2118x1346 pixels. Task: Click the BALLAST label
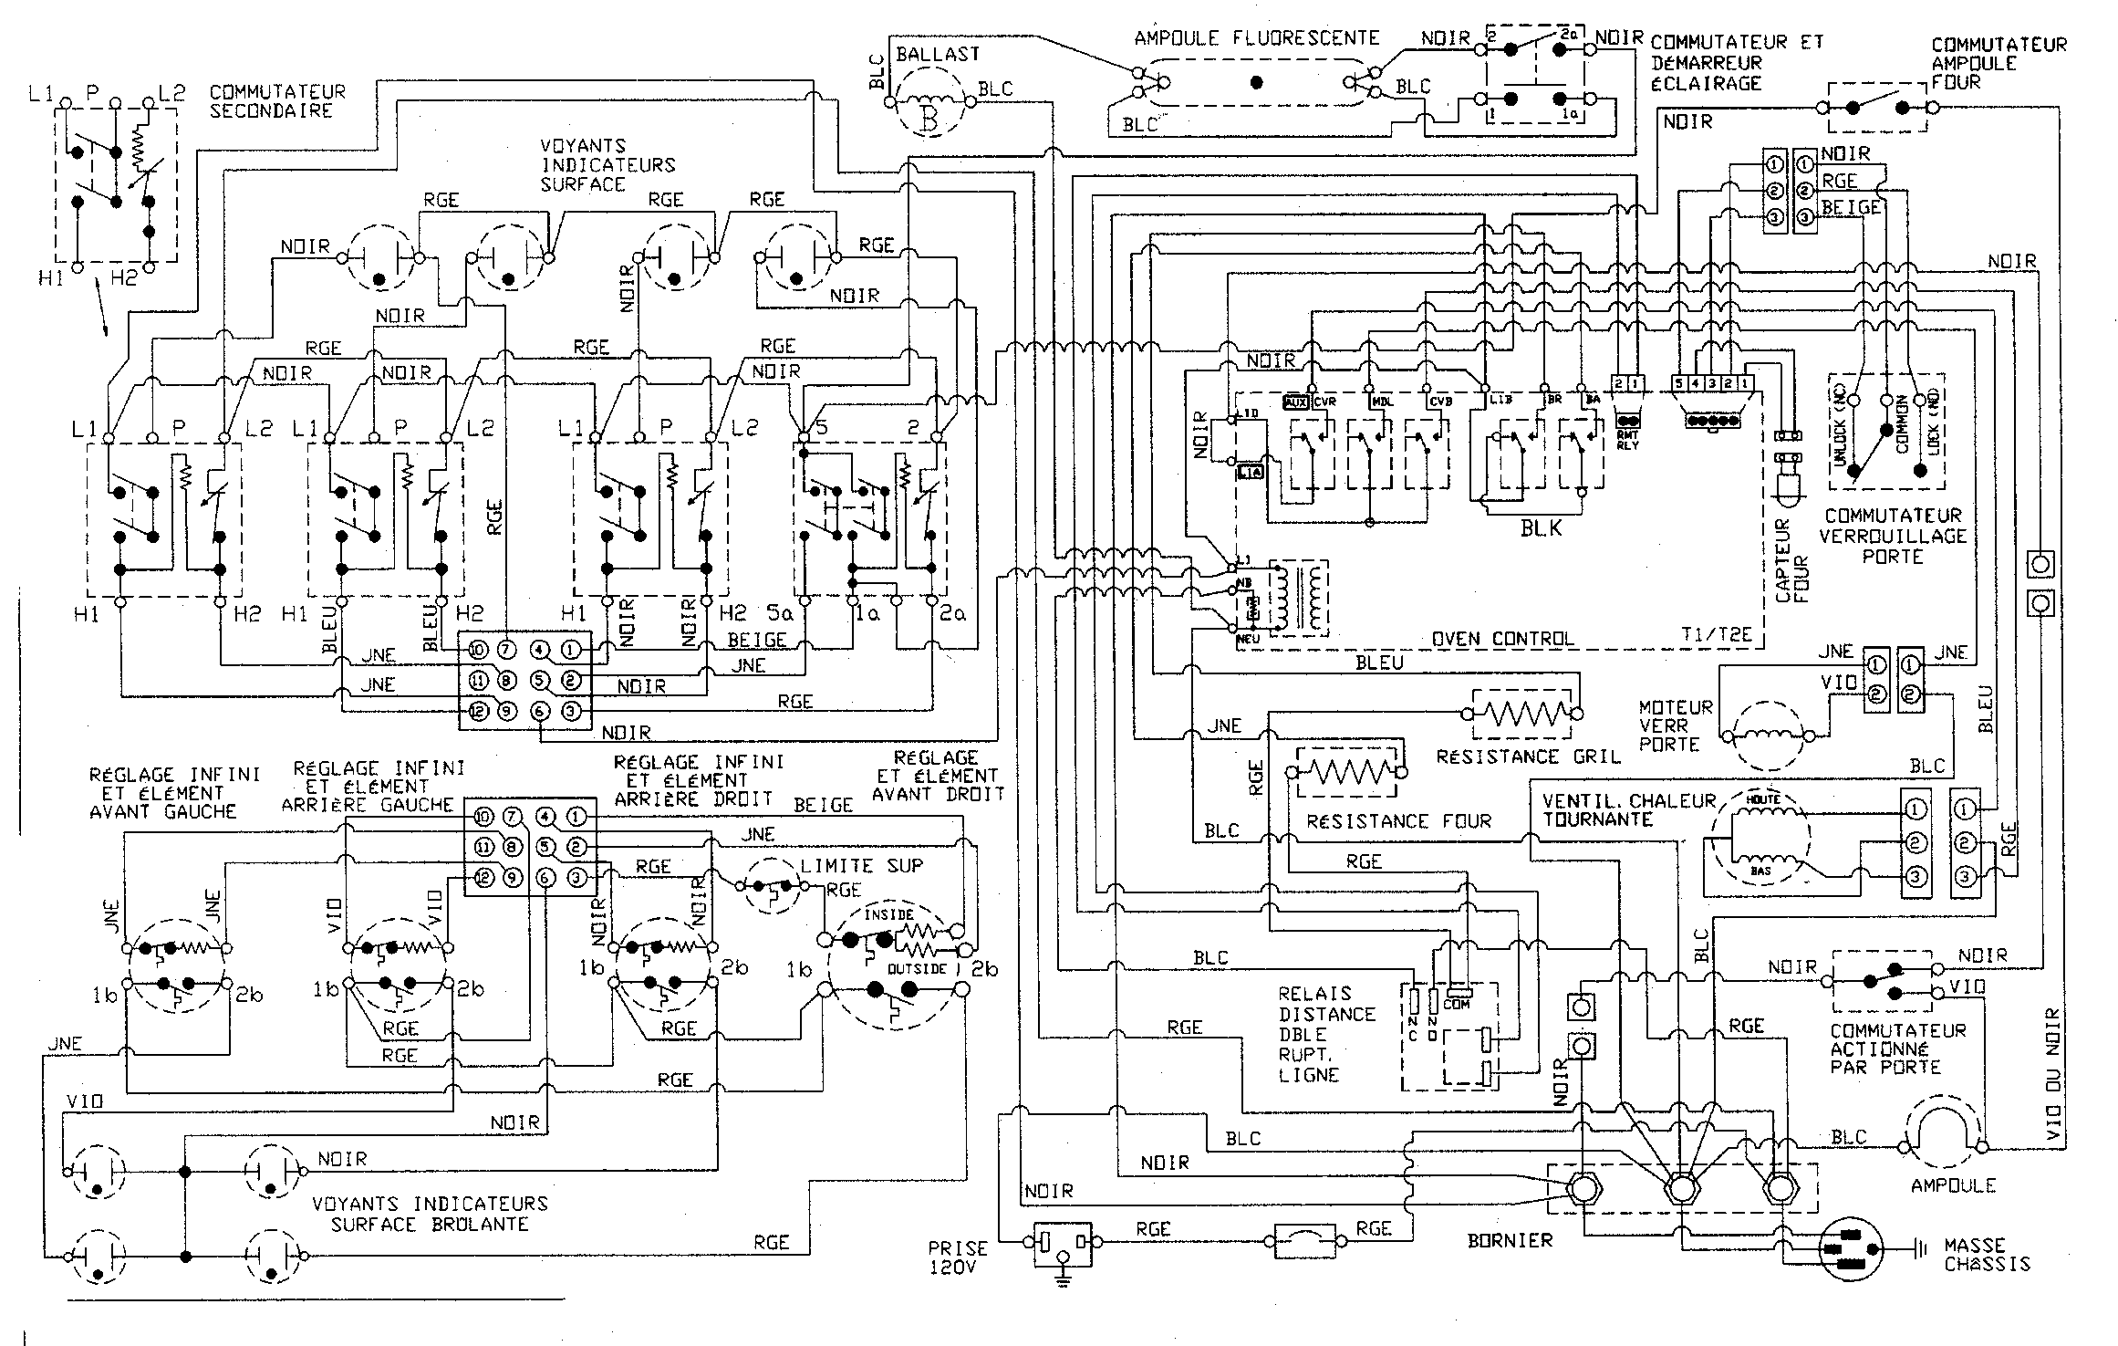(x=937, y=54)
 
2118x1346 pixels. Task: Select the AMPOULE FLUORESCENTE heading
(x=1256, y=38)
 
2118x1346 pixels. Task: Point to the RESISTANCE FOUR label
(x=1398, y=821)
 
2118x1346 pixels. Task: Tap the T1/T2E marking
(x=1718, y=636)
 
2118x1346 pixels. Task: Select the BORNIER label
(x=1510, y=1240)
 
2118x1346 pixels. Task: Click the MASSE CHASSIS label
(x=1987, y=1254)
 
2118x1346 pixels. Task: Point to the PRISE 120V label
(x=958, y=1257)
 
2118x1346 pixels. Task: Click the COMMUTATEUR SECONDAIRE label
(x=277, y=100)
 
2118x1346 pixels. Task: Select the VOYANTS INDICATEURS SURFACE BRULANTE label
(x=430, y=1214)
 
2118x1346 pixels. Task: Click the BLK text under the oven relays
(x=1541, y=527)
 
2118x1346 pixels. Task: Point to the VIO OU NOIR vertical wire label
(x=2053, y=1075)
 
